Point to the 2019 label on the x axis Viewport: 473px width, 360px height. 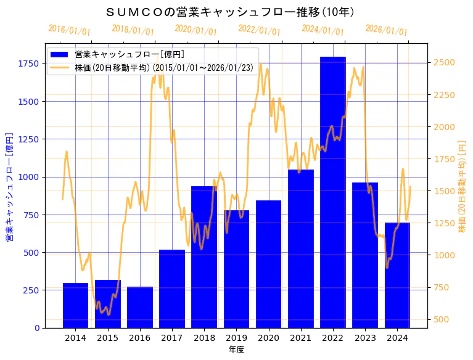[236, 338]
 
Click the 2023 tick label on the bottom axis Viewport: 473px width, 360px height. [365, 338]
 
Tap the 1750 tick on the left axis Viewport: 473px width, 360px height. [28, 63]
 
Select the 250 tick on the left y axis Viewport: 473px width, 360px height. [31, 290]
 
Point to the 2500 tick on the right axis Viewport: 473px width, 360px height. [445, 62]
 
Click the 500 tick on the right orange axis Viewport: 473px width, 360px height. [442, 319]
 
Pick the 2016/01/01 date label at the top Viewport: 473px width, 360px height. [69, 31]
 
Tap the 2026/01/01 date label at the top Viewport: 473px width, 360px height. [386, 31]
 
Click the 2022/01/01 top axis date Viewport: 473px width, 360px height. [259, 31]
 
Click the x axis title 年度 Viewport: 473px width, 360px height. [236, 350]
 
